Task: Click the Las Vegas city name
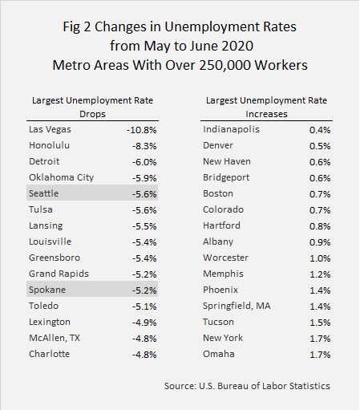coord(50,130)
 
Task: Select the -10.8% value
coord(142,130)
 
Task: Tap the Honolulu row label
coord(49,145)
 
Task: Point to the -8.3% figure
coord(144,146)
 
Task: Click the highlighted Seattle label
coord(43,193)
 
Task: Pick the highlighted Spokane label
coord(47,290)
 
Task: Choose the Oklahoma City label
coord(62,178)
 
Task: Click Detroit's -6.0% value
coord(144,162)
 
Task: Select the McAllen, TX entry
coord(55,338)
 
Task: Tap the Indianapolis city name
coord(231,130)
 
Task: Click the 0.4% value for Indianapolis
coord(320,130)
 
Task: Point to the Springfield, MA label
coord(237,306)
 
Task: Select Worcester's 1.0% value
coord(320,258)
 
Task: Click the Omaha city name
coord(219,354)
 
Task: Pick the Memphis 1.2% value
coord(320,274)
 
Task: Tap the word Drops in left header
coord(92,115)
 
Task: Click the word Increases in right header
coord(266,114)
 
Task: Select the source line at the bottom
coord(247,386)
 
